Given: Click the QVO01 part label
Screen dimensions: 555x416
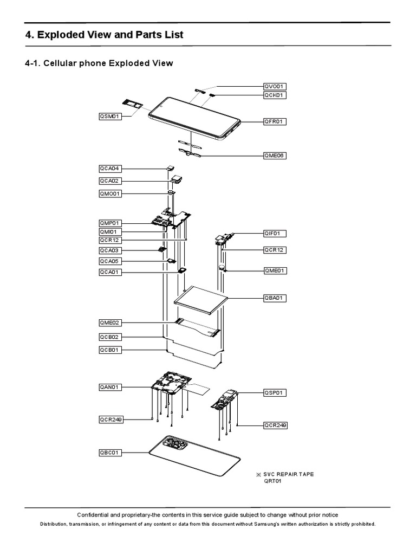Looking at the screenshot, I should [275, 86].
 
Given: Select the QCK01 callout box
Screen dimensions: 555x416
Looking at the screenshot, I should [275, 95].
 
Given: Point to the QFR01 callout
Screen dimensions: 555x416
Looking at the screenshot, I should [275, 122].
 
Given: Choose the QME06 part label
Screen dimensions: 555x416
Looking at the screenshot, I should [275, 156].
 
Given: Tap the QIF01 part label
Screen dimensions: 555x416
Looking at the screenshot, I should [275, 234].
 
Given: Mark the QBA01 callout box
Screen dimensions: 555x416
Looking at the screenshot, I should [275, 298].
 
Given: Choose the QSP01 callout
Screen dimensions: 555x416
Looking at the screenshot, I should [275, 392].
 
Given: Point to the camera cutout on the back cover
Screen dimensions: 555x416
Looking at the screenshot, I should [173, 445].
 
